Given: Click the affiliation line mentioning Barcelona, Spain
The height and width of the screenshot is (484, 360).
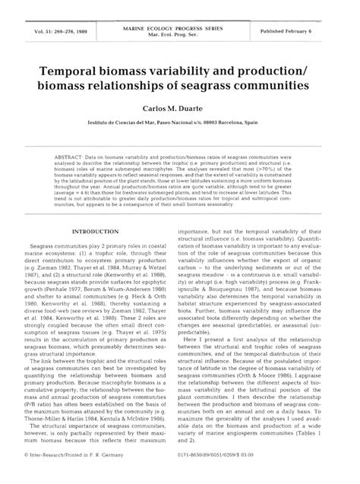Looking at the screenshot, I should coord(180,123).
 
